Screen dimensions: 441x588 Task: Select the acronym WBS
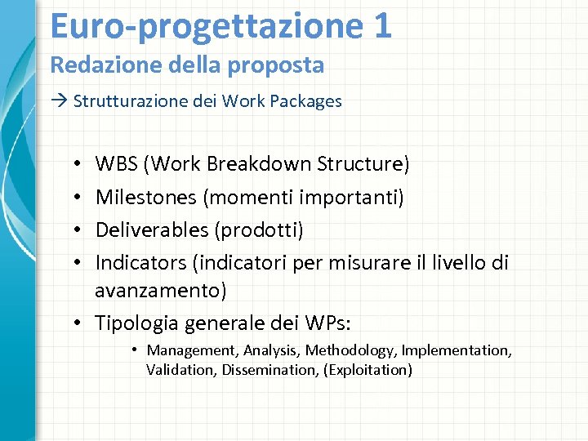(117, 164)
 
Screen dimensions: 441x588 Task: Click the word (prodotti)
(259, 230)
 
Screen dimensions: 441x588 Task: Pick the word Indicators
(140, 263)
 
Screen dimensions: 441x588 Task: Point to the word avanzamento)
(161, 290)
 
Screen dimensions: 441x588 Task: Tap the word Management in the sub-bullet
(190, 350)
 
